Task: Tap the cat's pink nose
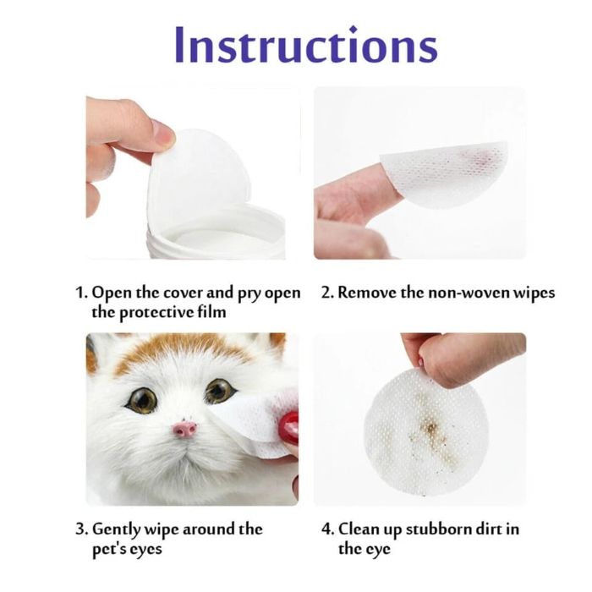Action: click(185, 430)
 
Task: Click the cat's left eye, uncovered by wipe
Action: click(141, 398)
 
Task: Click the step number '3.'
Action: click(80, 529)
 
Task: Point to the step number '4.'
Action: click(327, 529)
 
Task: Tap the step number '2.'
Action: click(327, 293)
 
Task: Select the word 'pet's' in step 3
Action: click(110, 549)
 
